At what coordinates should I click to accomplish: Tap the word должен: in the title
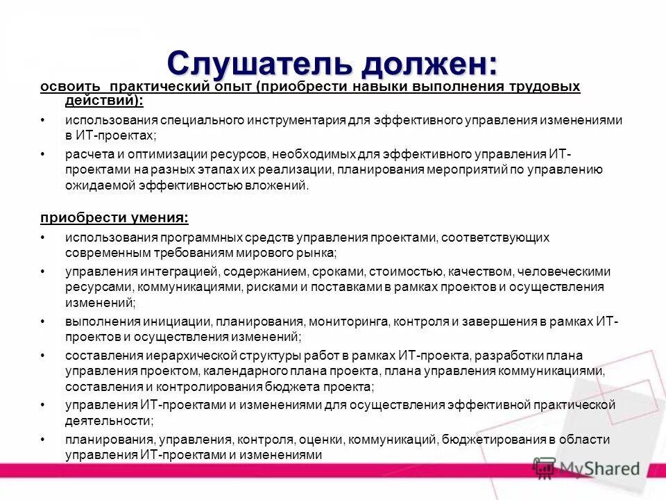pyautogui.click(x=425, y=65)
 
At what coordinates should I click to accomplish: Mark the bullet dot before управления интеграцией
pyautogui.click(x=43, y=271)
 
